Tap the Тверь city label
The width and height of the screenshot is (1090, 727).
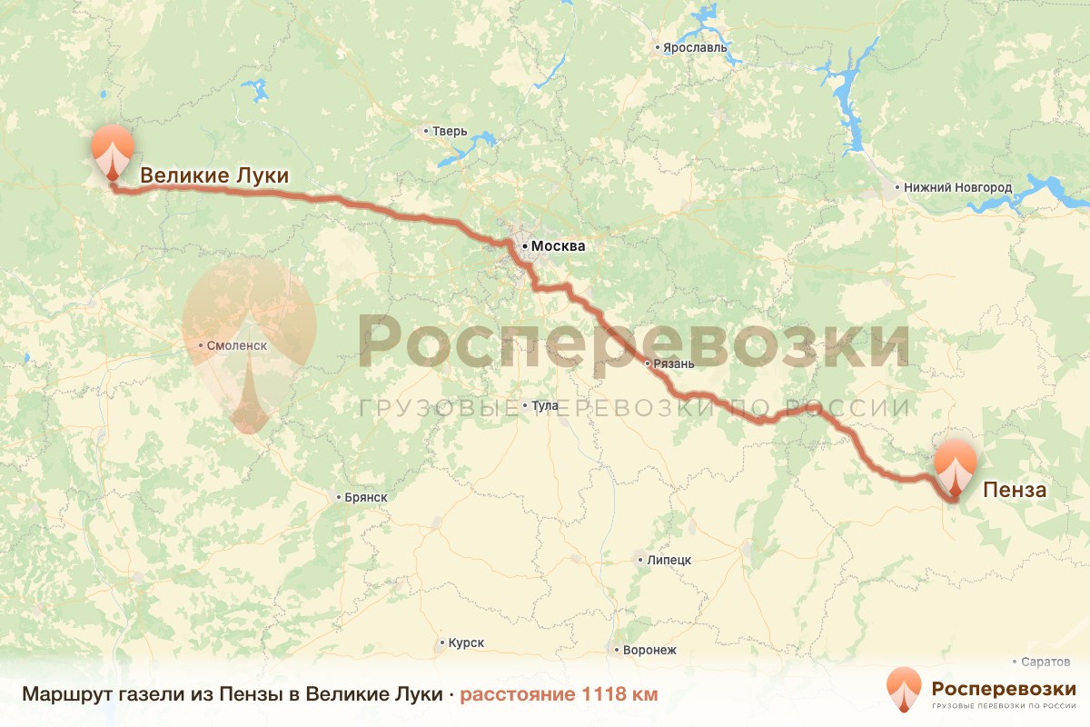pos(450,131)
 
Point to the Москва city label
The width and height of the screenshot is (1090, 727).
pos(559,245)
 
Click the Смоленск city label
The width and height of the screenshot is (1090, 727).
pos(237,346)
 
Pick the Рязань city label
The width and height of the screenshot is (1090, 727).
pos(673,363)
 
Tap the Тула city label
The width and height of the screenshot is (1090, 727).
pos(546,405)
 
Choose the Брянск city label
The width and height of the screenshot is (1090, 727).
pos(366,497)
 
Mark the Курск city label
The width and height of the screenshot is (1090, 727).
pos(466,643)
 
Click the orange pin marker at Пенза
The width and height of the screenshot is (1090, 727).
pos(954,465)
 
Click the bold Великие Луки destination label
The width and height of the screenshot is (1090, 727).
pos(214,176)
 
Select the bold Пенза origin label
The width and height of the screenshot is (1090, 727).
pos(1015,491)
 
